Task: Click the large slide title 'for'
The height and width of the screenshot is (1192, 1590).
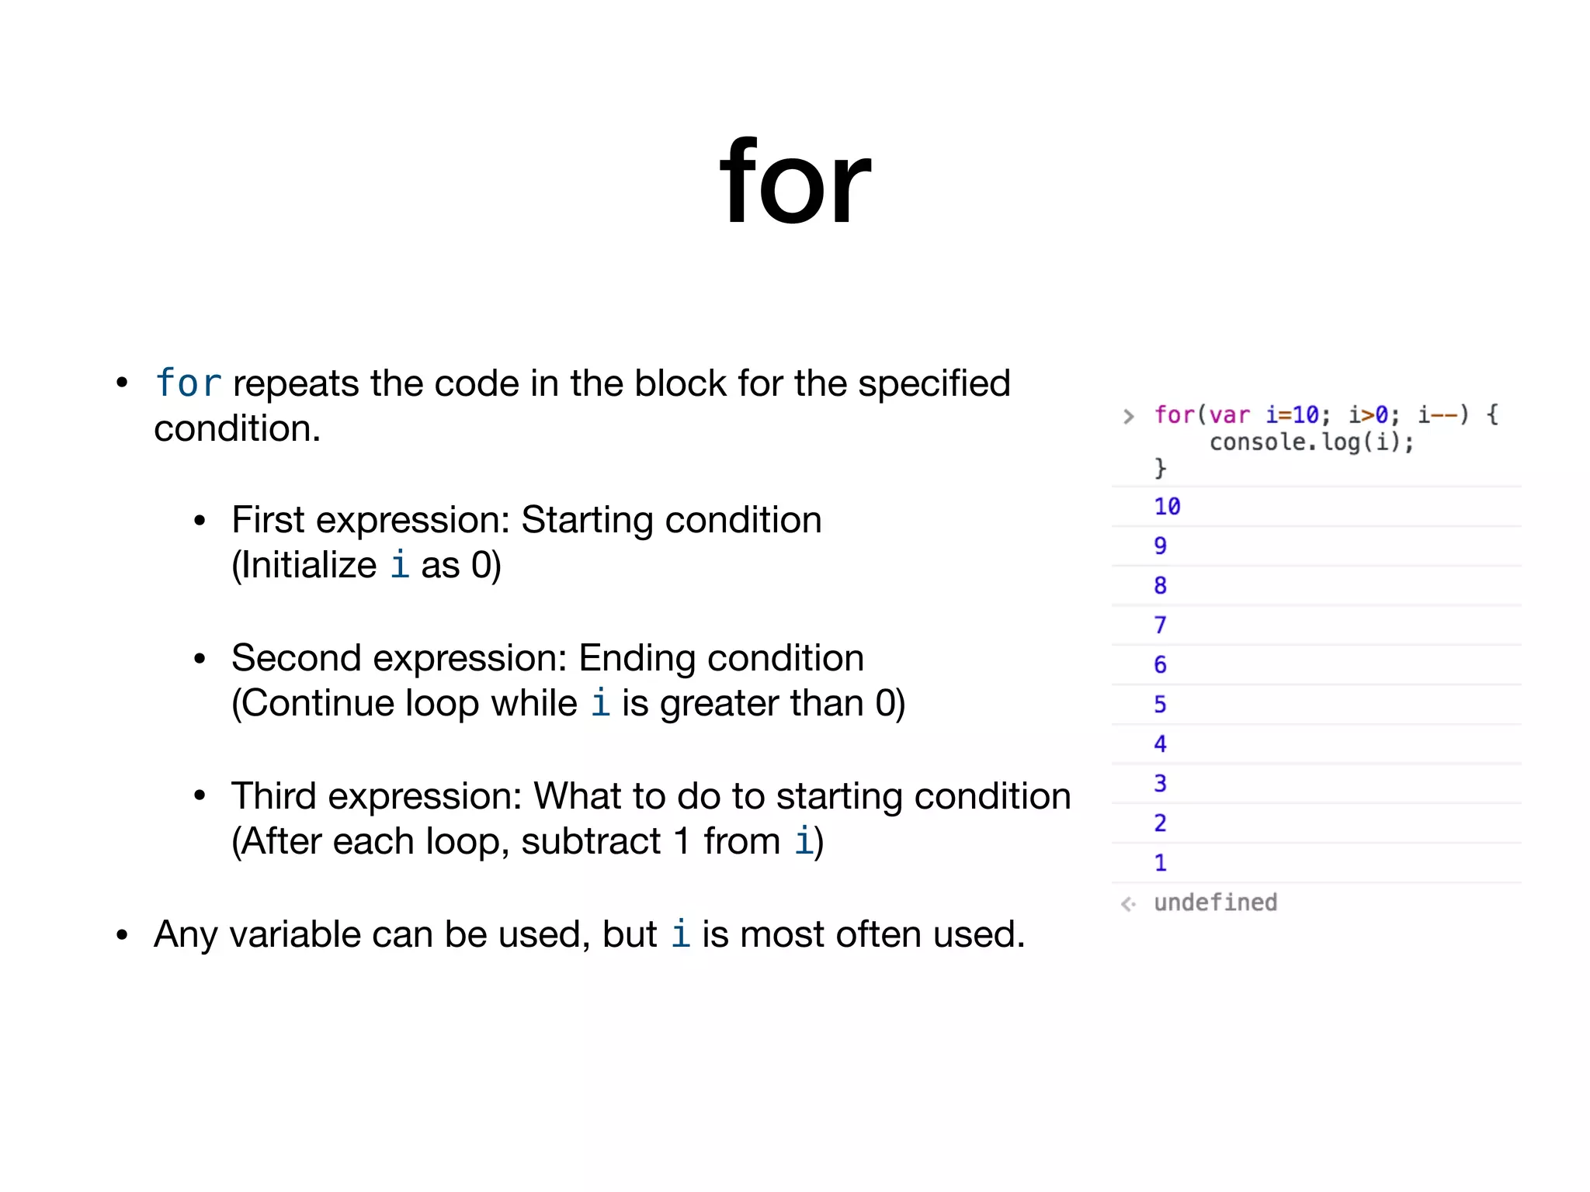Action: pos(795,182)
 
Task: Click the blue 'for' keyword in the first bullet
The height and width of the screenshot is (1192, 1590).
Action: pos(189,383)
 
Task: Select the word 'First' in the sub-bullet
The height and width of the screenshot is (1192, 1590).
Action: pos(267,520)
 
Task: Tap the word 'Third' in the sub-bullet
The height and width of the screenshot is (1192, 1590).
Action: pos(273,796)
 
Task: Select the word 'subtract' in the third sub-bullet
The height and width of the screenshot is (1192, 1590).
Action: pos(590,841)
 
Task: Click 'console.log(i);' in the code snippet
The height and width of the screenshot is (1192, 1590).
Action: pos(1311,442)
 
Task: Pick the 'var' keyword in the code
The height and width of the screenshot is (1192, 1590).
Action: pos(1230,415)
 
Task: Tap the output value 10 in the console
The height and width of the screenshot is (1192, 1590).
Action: pos(1167,507)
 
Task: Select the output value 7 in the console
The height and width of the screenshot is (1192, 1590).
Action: pos(1160,625)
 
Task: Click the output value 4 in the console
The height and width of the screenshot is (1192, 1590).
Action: pos(1160,743)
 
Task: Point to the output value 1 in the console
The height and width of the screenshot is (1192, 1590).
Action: pos(1160,862)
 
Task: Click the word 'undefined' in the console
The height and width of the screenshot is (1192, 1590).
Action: pos(1215,903)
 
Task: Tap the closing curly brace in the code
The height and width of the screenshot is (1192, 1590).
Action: pos(1160,468)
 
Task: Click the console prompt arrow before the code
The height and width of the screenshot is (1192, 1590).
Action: pos(1129,417)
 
